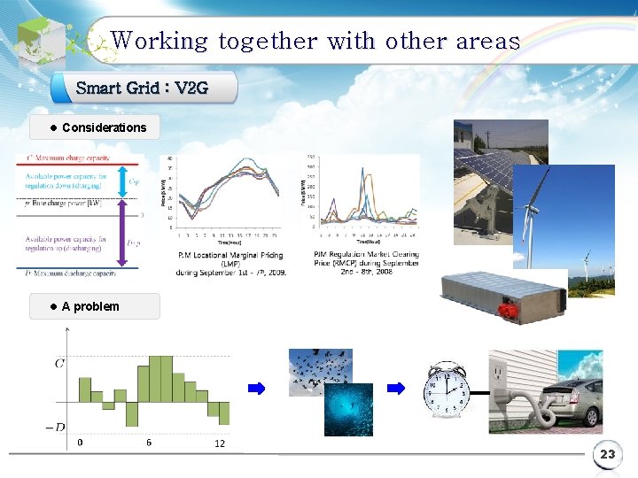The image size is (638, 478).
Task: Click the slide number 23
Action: [607, 455]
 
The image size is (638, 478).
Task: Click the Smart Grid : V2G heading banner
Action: [143, 88]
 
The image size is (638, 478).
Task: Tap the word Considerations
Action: [104, 127]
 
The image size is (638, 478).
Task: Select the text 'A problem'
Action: [89, 306]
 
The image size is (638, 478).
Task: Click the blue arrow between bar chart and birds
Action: [256, 388]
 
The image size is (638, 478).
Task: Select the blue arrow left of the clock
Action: [400, 388]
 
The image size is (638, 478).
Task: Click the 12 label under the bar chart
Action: [220, 443]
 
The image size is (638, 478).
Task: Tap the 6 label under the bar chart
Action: [148, 442]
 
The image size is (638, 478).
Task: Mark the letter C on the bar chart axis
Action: [59, 363]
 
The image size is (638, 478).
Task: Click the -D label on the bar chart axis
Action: [56, 427]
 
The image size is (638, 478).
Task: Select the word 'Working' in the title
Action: [159, 41]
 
